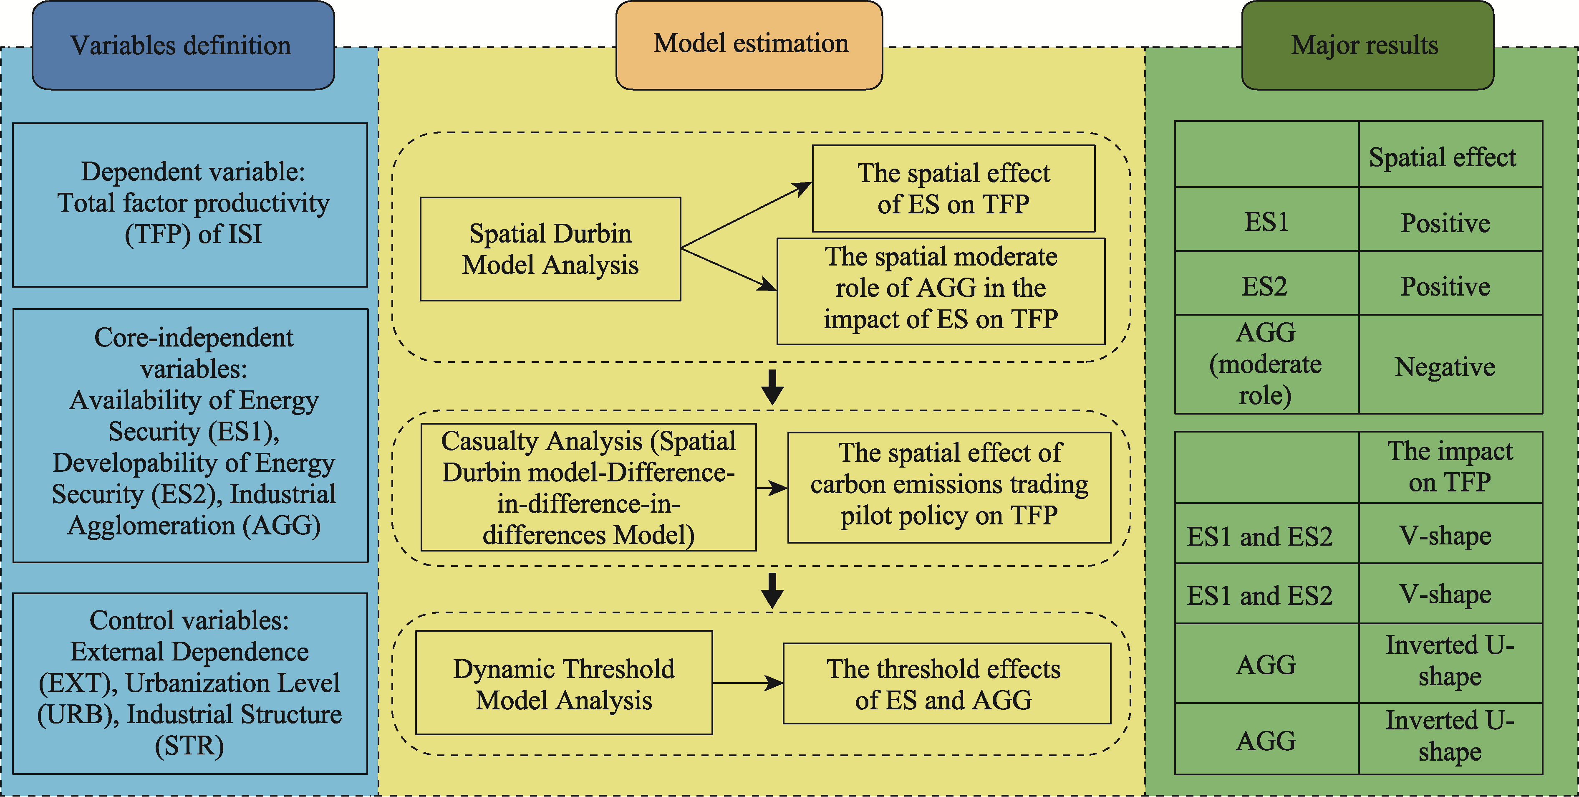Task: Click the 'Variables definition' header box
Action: (183, 46)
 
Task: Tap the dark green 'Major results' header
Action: (1367, 46)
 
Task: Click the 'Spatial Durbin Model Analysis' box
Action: (550, 249)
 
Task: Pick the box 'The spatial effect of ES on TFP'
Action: (954, 188)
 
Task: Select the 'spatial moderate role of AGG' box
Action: (941, 291)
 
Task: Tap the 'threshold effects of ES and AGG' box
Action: (947, 683)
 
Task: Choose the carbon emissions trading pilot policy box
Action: (949, 487)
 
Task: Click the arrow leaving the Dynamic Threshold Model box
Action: (748, 683)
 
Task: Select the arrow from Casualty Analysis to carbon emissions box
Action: (772, 488)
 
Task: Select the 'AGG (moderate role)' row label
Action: (1266, 364)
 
